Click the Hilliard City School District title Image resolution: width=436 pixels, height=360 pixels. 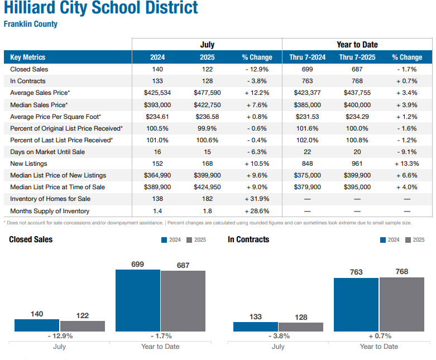(100, 8)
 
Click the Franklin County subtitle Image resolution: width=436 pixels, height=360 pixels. (31, 24)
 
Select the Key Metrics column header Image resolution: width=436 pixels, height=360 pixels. (28, 57)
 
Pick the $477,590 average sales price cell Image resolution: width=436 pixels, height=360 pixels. (207, 93)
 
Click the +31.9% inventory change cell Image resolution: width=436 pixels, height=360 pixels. (257, 199)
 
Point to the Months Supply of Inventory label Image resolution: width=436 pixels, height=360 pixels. (50, 211)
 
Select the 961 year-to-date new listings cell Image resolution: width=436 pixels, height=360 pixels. (357, 164)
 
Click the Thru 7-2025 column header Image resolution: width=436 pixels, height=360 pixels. (357, 57)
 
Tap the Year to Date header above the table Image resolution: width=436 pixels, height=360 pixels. (357, 45)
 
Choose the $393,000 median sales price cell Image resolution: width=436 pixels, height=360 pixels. (157, 105)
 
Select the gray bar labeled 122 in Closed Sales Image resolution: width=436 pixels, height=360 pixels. (83, 326)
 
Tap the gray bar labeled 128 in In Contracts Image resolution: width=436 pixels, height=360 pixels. (301, 327)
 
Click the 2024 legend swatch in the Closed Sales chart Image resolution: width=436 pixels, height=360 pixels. (164, 239)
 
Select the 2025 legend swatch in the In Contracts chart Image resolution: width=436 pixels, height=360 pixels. (408, 239)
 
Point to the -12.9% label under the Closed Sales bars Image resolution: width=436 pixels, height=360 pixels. (59, 336)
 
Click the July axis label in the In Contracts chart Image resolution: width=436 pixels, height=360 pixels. (278, 347)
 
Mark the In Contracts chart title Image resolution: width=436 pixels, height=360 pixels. (248, 239)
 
